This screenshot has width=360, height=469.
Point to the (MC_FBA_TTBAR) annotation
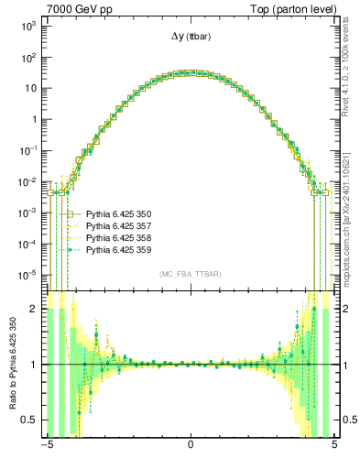[x=190, y=274]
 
